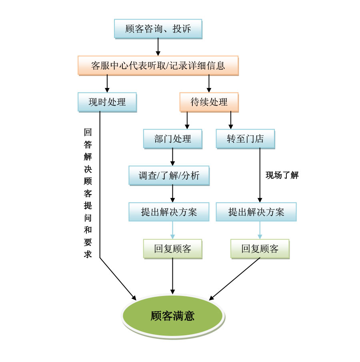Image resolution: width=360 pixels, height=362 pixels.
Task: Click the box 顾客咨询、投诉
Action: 158,29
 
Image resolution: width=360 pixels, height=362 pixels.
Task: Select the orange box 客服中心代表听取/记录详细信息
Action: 158,66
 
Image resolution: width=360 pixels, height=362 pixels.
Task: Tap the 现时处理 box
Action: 107,102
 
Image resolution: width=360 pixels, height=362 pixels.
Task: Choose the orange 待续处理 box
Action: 209,102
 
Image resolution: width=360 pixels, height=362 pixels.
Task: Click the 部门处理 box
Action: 172,139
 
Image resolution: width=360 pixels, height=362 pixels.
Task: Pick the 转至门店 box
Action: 245,139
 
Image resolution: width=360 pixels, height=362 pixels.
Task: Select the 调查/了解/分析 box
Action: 169,176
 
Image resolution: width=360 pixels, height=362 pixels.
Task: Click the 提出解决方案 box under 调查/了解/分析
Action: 169,212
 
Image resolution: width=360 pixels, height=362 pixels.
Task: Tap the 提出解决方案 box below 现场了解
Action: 256,212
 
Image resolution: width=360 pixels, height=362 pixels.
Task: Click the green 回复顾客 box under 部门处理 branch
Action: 172,249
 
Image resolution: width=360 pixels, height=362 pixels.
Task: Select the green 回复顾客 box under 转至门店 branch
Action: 260,249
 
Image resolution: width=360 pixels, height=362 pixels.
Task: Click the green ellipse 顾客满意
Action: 172,316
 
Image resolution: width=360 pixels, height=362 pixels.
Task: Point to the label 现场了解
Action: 282,175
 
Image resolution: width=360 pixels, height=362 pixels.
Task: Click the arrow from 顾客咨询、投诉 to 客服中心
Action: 158,47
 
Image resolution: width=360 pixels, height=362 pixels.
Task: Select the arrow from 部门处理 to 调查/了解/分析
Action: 172,157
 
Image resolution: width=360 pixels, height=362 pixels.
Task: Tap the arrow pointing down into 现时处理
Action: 107,84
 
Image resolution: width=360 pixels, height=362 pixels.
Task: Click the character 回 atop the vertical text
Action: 88,132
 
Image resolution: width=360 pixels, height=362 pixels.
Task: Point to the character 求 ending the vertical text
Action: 88,254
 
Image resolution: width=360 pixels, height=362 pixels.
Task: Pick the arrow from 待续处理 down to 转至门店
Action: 230,120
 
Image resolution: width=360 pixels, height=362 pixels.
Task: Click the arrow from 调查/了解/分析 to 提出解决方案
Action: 172,194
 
